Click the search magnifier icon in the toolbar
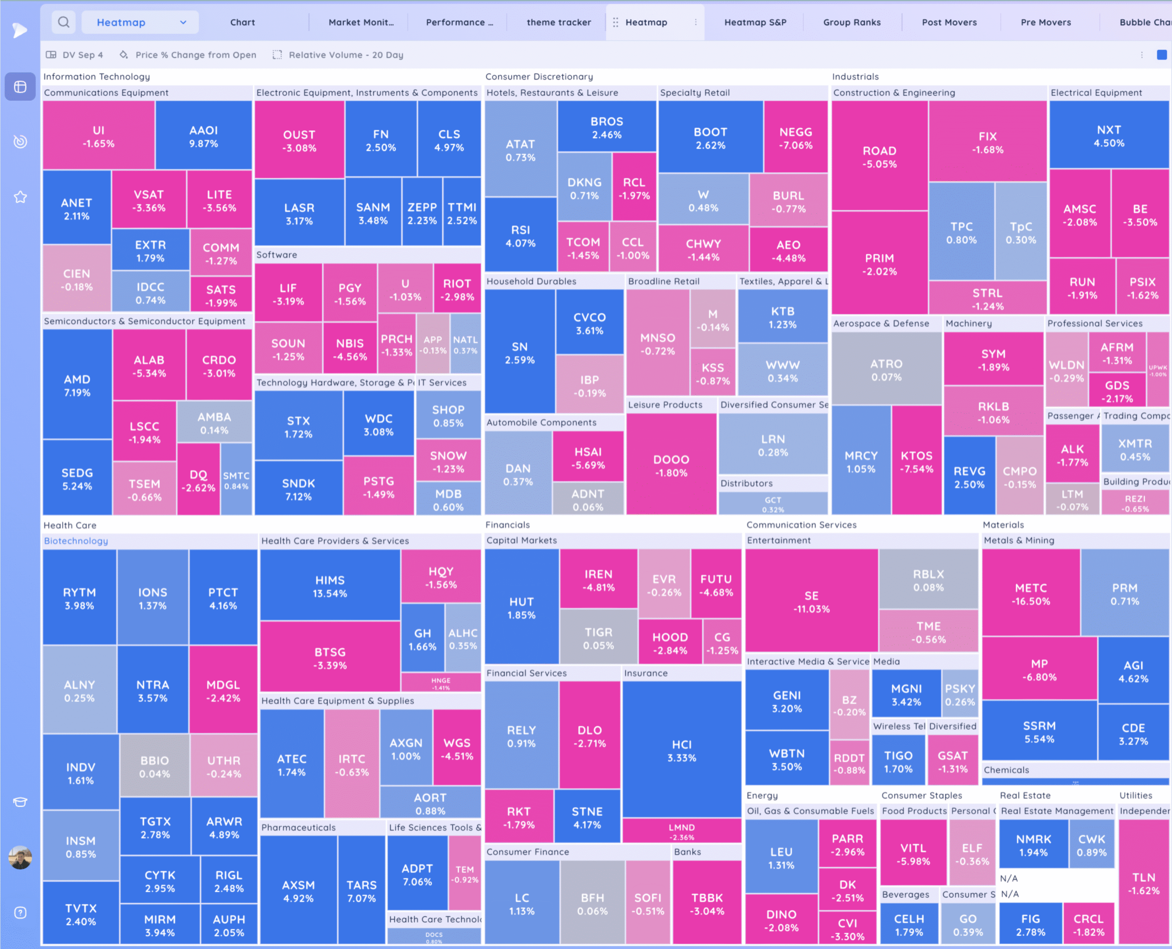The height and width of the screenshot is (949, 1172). coord(64,22)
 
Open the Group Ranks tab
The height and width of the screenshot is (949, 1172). coord(852,22)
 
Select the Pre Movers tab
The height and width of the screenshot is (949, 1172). coord(1045,22)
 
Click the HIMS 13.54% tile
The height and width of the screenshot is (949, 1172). coord(330,586)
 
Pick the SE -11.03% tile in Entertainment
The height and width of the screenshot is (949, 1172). coord(811,601)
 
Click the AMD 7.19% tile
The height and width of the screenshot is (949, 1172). coord(77,385)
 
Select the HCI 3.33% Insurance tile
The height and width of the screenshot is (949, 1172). coord(681,750)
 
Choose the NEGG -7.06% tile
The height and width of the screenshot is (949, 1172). coord(795,138)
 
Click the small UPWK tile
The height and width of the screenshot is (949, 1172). coord(1157,370)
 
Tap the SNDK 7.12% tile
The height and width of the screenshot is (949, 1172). coord(298,489)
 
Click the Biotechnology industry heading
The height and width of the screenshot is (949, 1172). coord(76,541)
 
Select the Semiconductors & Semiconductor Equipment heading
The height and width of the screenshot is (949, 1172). coord(144,321)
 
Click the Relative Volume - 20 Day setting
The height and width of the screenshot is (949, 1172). coord(345,54)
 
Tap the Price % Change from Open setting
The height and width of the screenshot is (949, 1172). coord(195,54)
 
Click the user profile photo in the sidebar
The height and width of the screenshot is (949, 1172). coord(20,857)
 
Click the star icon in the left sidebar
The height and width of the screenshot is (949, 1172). coord(20,197)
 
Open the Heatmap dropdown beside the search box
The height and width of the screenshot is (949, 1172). coord(141,22)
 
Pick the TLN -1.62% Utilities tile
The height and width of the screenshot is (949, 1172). coord(1143,884)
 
